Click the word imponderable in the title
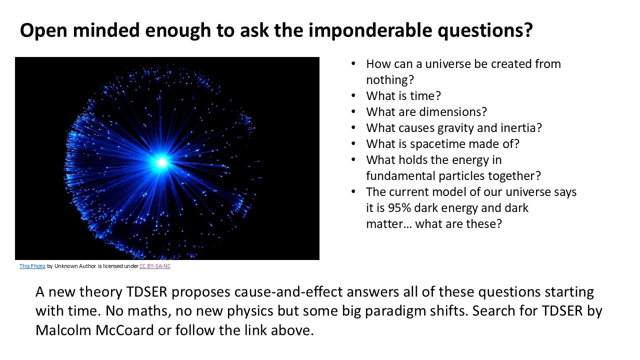(x=370, y=30)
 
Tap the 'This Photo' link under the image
(x=32, y=266)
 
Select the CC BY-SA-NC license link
(x=155, y=266)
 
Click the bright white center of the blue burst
(x=162, y=162)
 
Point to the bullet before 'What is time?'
(x=353, y=95)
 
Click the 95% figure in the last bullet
(x=399, y=207)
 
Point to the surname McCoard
(x=124, y=330)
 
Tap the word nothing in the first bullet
(x=390, y=79)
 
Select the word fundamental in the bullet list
(x=400, y=175)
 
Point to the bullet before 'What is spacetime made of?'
(x=353, y=143)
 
